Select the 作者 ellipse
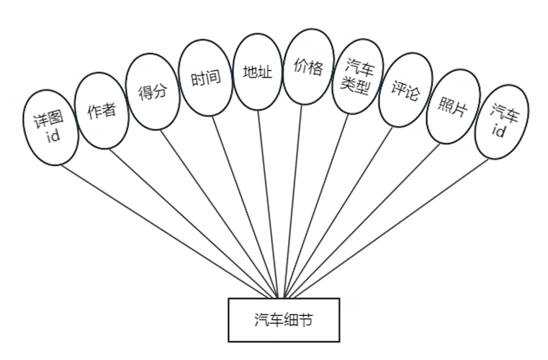(x=102, y=110)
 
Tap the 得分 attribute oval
(x=152, y=91)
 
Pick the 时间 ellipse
(x=205, y=78)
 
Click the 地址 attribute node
(x=258, y=72)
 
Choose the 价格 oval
(x=309, y=66)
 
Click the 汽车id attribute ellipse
(x=500, y=121)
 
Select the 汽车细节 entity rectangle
(x=283, y=320)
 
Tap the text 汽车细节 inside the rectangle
(x=283, y=320)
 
